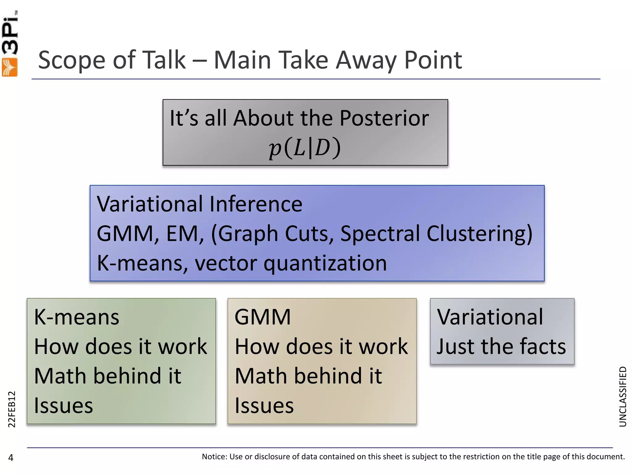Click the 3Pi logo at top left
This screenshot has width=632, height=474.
coord(10,43)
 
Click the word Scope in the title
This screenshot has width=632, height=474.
coord(72,60)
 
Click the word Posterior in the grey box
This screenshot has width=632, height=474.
coord(384,118)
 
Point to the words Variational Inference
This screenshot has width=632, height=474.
coord(199,204)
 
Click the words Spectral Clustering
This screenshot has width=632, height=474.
coord(436,234)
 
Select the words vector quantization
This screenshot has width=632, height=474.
coord(290,263)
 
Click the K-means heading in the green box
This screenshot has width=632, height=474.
coord(77,317)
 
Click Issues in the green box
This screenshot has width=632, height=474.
coord(63,405)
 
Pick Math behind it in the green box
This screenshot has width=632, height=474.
coord(107,376)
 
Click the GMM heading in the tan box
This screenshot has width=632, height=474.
coord(263,317)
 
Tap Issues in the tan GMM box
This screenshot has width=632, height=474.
coord(264,405)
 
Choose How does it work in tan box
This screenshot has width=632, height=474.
coord(321,347)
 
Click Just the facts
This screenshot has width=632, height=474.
coord(501,347)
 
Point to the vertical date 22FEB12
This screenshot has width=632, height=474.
coord(11,409)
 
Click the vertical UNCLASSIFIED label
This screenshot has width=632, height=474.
coord(623,397)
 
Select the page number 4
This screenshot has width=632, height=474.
coord(11,458)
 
